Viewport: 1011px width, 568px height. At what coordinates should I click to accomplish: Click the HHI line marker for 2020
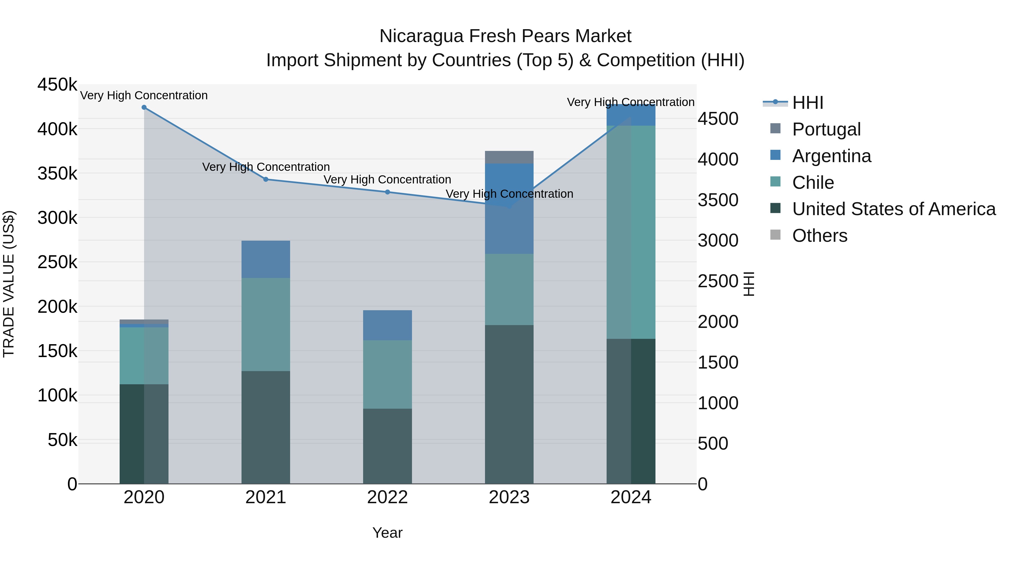[x=144, y=107]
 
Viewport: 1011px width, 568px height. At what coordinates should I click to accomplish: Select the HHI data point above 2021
[x=266, y=180]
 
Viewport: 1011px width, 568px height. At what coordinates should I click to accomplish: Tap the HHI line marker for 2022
[x=387, y=192]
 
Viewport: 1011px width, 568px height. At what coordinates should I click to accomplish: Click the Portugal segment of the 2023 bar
[x=509, y=157]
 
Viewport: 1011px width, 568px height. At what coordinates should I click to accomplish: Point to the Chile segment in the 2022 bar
[x=387, y=374]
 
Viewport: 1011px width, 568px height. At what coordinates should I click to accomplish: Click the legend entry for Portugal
[x=826, y=129]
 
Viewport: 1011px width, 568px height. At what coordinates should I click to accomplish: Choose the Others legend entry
[x=819, y=236]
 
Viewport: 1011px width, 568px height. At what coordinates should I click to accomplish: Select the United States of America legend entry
[x=894, y=209]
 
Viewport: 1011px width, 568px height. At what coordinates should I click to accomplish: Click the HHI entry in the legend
[x=807, y=103]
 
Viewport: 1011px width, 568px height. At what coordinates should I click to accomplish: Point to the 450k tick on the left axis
[x=57, y=85]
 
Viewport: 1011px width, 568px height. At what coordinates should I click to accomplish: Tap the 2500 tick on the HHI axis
[x=718, y=281]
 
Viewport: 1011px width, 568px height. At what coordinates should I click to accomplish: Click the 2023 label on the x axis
[x=509, y=497]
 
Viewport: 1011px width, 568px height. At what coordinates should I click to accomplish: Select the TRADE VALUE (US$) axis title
[x=9, y=284]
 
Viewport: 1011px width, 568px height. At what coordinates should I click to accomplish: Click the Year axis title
[x=387, y=533]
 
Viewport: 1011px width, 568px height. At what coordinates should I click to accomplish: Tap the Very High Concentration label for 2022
[x=387, y=180]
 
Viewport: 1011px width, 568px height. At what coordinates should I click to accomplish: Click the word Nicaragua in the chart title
[x=422, y=36]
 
